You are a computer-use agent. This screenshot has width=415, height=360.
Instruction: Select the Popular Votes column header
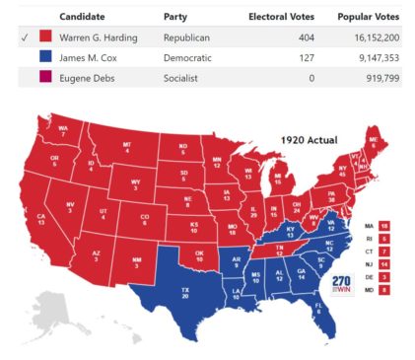coord(368,17)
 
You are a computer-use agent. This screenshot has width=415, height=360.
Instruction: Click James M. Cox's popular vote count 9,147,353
coord(372,57)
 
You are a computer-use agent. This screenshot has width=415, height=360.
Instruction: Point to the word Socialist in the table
coord(180,77)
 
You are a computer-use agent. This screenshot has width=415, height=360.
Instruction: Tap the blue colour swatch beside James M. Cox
coord(45,57)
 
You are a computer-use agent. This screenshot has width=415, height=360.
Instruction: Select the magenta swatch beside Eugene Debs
coord(45,77)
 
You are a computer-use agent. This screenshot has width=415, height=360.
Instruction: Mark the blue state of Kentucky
coord(294,230)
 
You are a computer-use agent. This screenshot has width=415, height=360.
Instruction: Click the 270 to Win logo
coord(341,284)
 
